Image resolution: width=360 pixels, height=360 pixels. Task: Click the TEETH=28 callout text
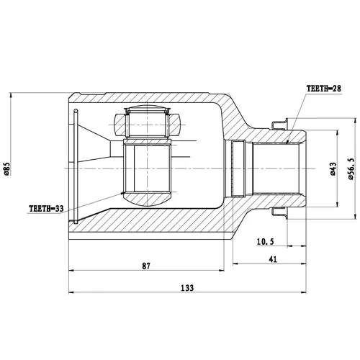pos(323,89)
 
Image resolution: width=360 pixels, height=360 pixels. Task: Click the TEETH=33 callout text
pos(46,209)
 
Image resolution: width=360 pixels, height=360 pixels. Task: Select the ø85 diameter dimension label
pos(6,168)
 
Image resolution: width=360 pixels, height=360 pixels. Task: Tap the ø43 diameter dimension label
pos(333,168)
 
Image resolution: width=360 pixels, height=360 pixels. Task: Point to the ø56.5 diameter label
pos(351,168)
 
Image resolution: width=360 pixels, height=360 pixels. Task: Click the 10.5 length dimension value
pos(265,241)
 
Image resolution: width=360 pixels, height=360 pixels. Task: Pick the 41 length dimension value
pos(273,259)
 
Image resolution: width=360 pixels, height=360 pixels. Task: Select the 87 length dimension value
pos(146,266)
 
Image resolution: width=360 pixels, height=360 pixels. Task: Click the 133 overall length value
pos(187,287)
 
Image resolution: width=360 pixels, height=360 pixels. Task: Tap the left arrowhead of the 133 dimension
pos(71,292)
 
